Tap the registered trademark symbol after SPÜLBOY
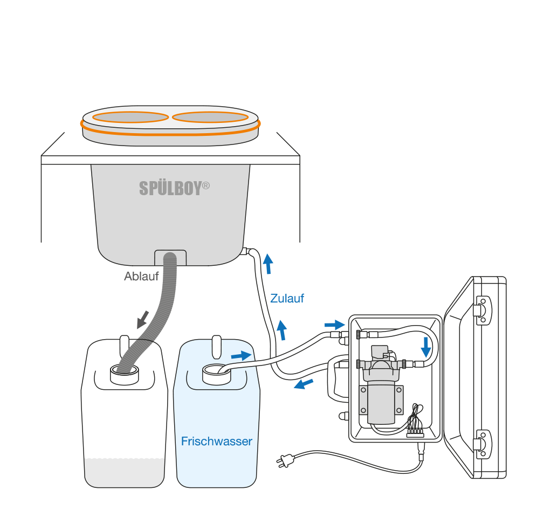(205, 185)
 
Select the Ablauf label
(142, 277)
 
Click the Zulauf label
(287, 298)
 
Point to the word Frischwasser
(217, 442)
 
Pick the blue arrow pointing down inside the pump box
(426, 347)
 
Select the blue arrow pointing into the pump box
(334, 325)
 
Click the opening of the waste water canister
(125, 371)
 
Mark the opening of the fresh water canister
(216, 371)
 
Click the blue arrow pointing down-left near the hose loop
(305, 383)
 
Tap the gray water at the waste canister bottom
(125, 472)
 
